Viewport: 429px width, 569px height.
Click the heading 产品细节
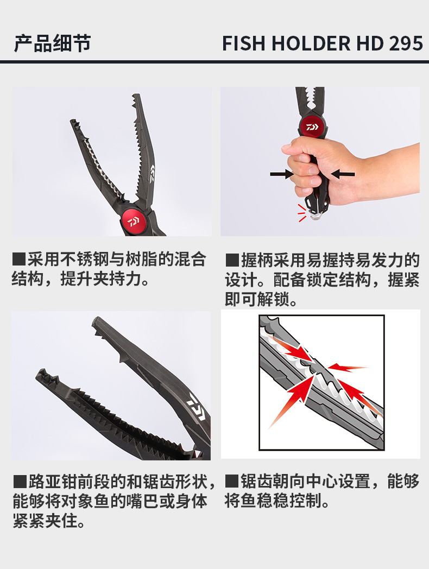click(52, 44)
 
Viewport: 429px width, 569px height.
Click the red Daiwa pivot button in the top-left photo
click(133, 221)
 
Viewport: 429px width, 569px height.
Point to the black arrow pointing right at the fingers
click(282, 174)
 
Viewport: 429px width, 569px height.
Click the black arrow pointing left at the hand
click(343, 174)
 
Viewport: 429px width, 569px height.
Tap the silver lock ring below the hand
click(316, 216)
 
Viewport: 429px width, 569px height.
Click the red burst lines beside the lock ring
click(301, 213)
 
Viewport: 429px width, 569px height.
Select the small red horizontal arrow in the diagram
click(348, 367)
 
